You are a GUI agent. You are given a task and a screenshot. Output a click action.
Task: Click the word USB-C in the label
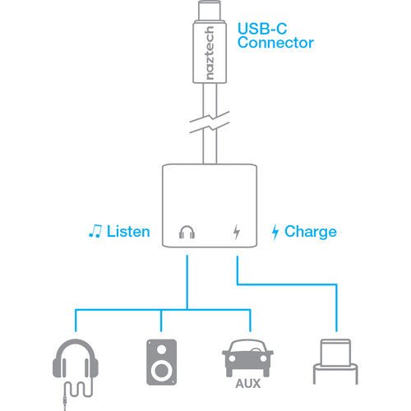[262, 29]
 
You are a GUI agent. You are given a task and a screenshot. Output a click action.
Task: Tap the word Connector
[275, 43]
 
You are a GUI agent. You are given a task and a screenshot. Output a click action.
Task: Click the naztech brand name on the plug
[210, 53]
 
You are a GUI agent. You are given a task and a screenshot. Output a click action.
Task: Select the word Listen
[128, 232]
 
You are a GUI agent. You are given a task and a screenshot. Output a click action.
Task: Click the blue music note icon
[95, 231]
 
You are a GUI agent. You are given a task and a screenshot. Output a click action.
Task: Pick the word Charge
[311, 233]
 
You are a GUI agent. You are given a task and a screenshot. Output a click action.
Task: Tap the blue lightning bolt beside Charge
[275, 232]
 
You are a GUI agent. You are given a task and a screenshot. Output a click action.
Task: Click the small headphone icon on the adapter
[187, 232]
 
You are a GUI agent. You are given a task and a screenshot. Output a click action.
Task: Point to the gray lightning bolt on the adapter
[236, 232]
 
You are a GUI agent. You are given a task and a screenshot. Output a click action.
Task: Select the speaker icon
[161, 362]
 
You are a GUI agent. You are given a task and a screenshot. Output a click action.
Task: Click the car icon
[247, 358]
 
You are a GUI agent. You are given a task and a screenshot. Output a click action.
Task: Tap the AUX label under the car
[247, 384]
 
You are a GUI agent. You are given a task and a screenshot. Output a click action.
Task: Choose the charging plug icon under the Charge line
[335, 362]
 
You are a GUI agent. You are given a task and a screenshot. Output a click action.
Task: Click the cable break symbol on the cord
[210, 122]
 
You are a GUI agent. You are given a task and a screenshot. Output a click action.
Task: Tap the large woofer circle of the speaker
[161, 371]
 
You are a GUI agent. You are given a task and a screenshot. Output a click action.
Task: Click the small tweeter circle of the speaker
[161, 349]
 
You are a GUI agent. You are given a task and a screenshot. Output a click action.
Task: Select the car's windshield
[247, 347]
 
